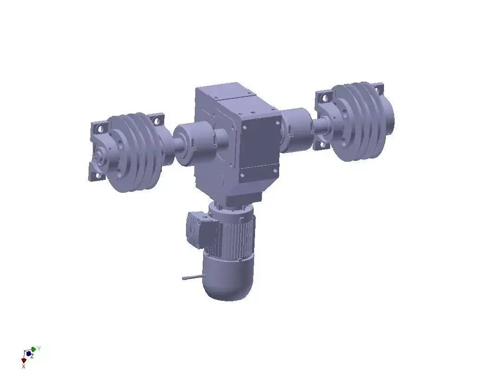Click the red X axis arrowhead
click(24, 360)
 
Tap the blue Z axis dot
click(29, 354)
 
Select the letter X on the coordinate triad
click(24, 366)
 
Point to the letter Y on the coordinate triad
click(39, 348)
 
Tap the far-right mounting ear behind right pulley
click(379, 88)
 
